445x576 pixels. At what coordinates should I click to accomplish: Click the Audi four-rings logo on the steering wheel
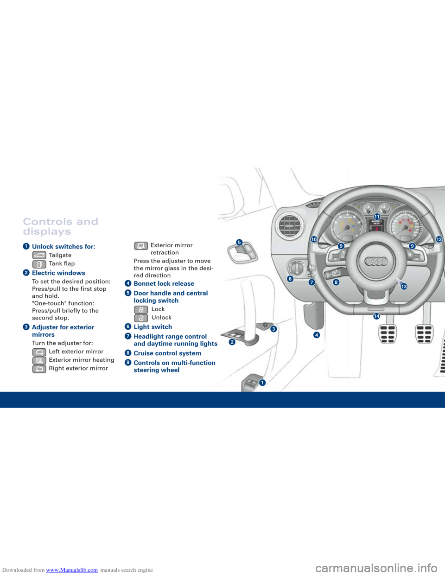pos(376,262)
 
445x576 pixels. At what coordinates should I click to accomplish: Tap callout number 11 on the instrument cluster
pos(377,217)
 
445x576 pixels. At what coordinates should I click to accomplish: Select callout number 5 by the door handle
pos(239,242)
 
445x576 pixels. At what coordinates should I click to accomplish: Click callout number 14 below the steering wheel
pos(376,316)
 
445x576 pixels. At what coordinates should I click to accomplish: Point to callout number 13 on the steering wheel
pos(404,287)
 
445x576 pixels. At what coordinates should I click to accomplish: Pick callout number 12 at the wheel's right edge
pos(439,239)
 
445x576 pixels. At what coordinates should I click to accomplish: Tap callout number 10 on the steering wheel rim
pos(314,239)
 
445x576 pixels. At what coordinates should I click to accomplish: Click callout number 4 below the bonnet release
pos(317,335)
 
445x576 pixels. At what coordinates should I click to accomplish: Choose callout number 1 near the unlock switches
pos(262,382)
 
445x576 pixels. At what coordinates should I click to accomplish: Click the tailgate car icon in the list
pos(39,255)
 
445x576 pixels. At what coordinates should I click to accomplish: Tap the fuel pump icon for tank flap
pos(39,264)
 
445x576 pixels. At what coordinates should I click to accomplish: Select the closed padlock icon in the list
pos(141,309)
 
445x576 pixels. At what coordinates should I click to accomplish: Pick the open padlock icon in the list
pos(141,318)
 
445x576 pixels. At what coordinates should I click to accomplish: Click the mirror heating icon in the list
pos(39,360)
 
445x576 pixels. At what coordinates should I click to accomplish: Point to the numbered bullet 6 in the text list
pos(128,327)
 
